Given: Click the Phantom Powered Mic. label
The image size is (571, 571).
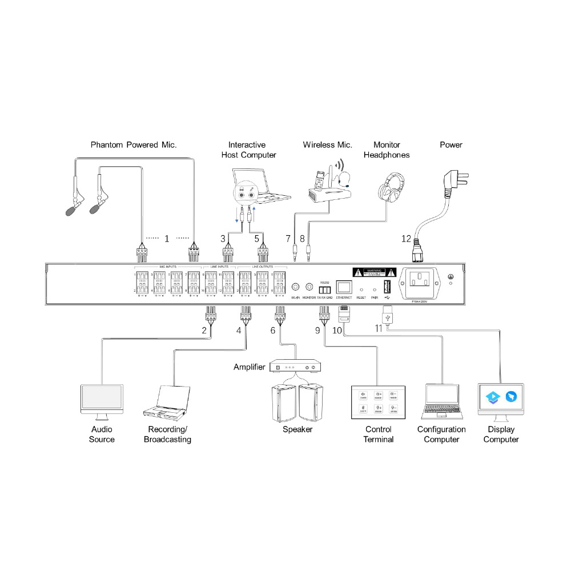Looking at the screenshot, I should [134, 145].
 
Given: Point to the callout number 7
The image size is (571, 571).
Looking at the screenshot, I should [288, 238].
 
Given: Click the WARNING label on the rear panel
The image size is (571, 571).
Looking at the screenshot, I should [374, 272].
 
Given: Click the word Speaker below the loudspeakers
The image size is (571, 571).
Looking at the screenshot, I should [297, 429].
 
